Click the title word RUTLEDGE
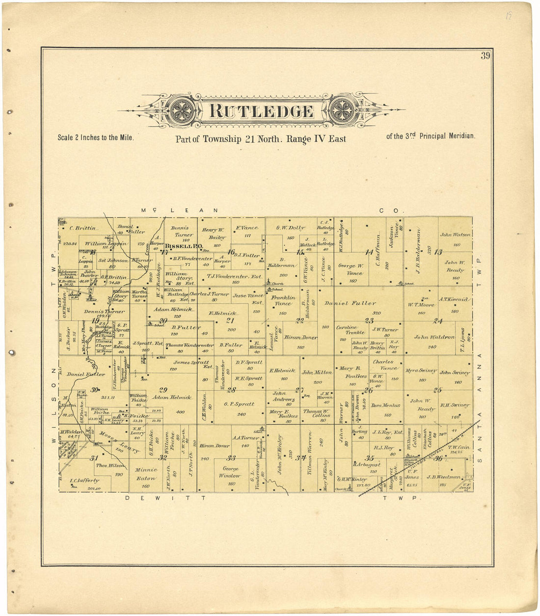pyautogui.click(x=261, y=111)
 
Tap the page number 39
pyautogui.click(x=485, y=56)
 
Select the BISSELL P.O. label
pyautogui.click(x=184, y=246)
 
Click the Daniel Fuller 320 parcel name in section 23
pyautogui.click(x=350, y=303)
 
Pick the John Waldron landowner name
pyautogui.click(x=434, y=337)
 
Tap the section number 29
pyautogui.click(x=163, y=390)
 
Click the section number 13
pyautogui.click(x=438, y=252)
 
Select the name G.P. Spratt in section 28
pyautogui.click(x=239, y=404)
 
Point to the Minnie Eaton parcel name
pyautogui.click(x=146, y=474)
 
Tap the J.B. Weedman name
pyautogui.click(x=443, y=477)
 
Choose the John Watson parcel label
pyautogui.click(x=455, y=235)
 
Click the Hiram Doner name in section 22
pyautogui.click(x=300, y=338)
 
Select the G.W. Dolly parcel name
pyautogui.click(x=290, y=228)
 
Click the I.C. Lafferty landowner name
pyautogui.click(x=84, y=481)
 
